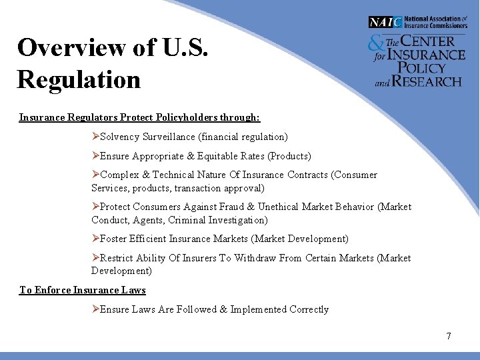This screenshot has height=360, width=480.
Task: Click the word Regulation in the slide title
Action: tap(79, 79)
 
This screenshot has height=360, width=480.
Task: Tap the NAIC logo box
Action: tap(385, 22)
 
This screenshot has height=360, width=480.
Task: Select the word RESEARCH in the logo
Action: tap(427, 81)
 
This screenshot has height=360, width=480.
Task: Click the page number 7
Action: tap(449, 336)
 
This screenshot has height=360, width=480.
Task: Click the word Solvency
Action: tap(120, 137)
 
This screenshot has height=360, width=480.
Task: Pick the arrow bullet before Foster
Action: tap(95, 239)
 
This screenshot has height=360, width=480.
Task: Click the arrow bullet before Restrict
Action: tap(95, 258)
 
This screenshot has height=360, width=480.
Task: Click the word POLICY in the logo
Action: tap(422, 67)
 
